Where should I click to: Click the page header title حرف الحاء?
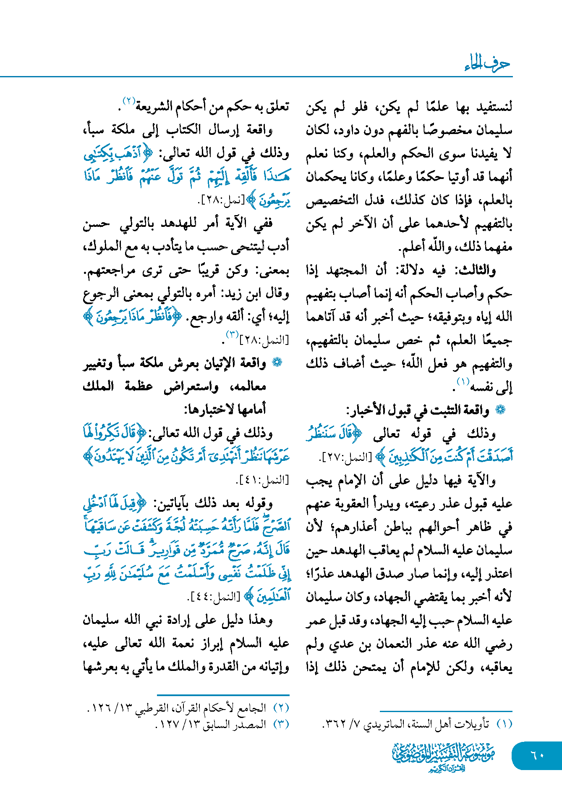487,64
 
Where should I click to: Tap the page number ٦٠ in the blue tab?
537,755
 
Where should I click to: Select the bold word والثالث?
476,270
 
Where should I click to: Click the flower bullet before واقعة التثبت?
500,410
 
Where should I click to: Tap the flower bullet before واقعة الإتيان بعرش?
277,363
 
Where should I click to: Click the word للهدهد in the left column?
173,223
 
